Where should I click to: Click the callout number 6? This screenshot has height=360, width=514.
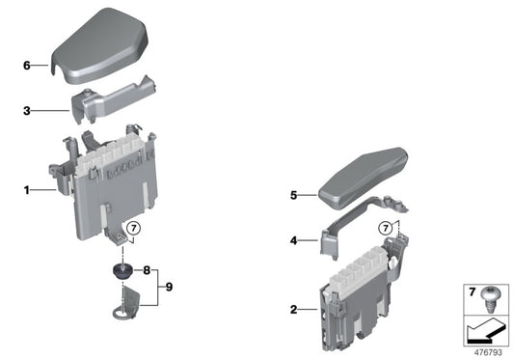pyautogui.click(x=27, y=66)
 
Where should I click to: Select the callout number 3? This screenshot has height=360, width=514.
pyautogui.click(x=27, y=111)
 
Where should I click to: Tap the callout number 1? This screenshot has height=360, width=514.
pyautogui.click(x=27, y=190)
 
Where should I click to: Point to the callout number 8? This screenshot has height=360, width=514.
pyautogui.click(x=148, y=270)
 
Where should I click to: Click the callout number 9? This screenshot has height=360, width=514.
pyautogui.click(x=170, y=287)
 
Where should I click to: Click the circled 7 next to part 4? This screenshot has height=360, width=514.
pyautogui.click(x=386, y=229)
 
